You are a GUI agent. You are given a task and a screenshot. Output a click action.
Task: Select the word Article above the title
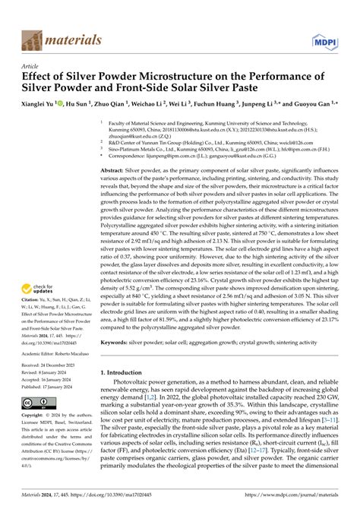click(30, 66)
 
